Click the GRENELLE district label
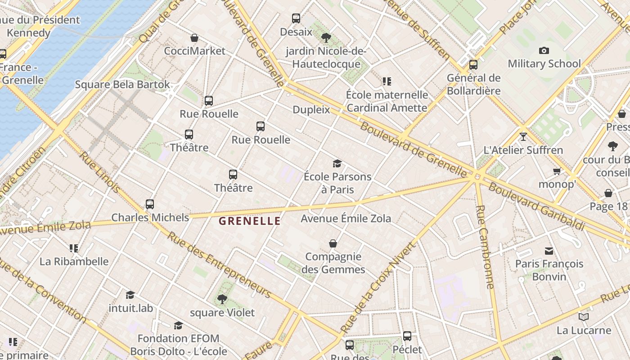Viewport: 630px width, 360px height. coord(250,221)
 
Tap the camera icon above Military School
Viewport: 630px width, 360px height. coord(544,50)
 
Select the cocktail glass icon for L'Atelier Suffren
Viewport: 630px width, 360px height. coord(523,136)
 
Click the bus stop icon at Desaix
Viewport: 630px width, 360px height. coord(296,18)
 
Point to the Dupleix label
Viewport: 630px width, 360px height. coord(311,110)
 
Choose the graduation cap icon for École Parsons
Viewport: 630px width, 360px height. coord(337,163)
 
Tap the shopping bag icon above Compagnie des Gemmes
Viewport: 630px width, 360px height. coord(333,243)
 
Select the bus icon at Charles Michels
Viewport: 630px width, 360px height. coord(150,204)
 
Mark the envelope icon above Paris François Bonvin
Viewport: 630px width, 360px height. coord(549,251)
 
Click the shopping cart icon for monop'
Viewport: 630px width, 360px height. coord(557,171)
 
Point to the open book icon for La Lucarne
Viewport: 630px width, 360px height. coord(583,317)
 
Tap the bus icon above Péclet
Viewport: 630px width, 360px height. coord(407,336)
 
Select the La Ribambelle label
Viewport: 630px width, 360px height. coord(74,261)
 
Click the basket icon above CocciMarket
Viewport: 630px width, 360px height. coord(194,38)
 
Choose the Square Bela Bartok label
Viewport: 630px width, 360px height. coord(122,85)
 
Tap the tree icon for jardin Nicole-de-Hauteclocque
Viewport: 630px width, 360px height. coord(326,38)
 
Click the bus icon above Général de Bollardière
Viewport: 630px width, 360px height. coord(473,65)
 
